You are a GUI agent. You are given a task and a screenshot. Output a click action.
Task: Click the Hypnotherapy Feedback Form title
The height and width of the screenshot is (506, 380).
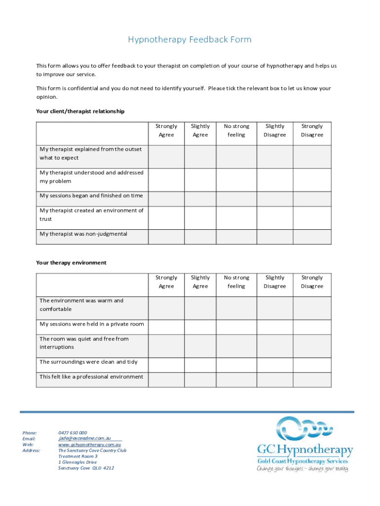click(190, 40)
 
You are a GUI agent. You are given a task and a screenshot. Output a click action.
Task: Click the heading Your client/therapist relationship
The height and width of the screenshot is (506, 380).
click(80, 111)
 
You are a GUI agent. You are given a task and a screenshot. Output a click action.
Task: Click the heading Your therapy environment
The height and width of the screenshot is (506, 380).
click(71, 262)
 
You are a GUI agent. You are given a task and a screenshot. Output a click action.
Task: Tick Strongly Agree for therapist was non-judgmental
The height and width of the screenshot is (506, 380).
click(166, 237)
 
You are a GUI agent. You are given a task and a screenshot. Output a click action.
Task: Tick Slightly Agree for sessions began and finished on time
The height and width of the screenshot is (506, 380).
click(200, 199)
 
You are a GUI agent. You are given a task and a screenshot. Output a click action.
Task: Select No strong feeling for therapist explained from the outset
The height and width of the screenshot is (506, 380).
click(236, 156)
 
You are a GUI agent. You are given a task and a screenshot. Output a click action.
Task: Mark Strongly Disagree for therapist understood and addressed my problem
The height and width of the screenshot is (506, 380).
click(312, 180)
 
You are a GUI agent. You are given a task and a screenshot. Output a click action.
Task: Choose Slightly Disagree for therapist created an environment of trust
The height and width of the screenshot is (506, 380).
click(275, 217)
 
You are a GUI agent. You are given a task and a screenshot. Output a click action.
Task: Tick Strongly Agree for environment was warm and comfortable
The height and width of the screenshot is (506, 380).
click(166, 308)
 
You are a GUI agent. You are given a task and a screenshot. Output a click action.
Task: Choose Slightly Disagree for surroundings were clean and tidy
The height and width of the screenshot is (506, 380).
click(275, 365)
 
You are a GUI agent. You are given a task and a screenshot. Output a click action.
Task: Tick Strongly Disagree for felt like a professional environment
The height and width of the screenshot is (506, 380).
click(312, 379)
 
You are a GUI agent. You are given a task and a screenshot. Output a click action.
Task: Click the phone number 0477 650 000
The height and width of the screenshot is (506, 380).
click(73, 433)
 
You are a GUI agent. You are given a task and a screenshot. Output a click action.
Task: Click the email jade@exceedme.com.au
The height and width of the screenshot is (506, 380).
click(84, 438)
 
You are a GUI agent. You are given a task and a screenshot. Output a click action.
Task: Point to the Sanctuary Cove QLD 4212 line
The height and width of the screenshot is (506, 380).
click(86, 468)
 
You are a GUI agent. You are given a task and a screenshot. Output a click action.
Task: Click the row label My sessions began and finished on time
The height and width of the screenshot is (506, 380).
click(91, 196)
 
